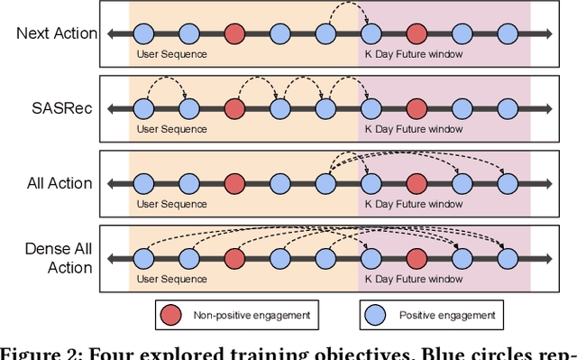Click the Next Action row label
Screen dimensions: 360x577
[57, 34]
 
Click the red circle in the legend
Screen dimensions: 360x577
[169, 315]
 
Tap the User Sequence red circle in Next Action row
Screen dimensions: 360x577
[234, 34]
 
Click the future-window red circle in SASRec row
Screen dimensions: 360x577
[417, 109]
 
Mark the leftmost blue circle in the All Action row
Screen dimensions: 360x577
[143, 183]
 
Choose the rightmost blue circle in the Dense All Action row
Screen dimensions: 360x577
[508, 258]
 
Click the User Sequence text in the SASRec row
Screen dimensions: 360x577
[171, 129]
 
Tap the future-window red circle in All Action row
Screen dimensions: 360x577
[417, 183]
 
